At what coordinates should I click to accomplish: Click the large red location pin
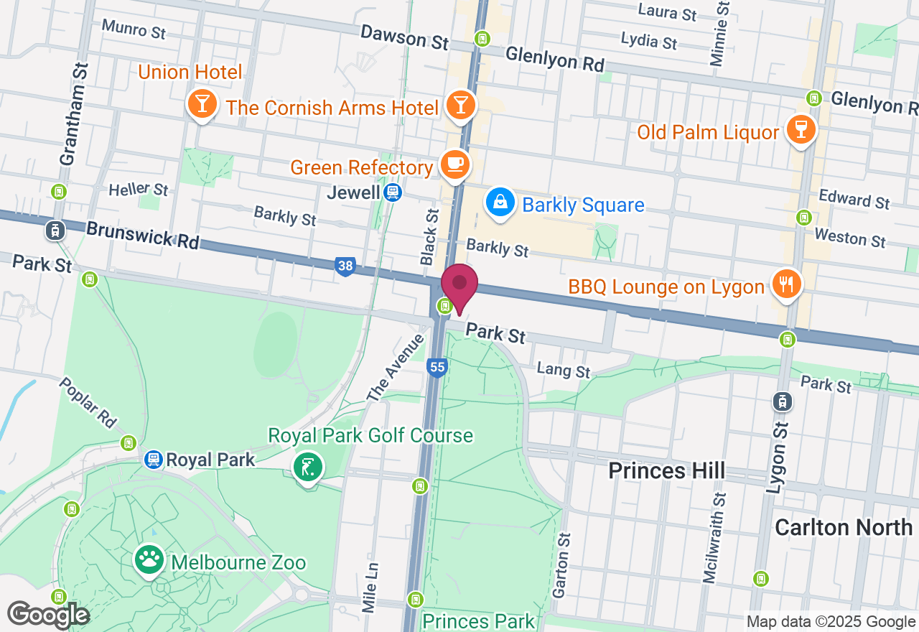coord(459,286)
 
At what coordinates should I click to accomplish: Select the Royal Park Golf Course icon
coord(308,467)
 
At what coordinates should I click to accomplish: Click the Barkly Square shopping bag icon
coord(500,203)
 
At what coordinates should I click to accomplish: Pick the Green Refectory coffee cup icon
coord(454,164)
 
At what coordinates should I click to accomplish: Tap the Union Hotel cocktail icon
coord(202,105)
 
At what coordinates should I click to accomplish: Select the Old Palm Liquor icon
coord(799,129)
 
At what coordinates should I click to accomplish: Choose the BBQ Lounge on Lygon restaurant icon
coord(786,284)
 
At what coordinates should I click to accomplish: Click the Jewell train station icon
coord(392,192)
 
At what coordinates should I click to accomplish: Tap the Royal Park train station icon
coord(153,459)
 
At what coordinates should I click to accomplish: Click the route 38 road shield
coord(345,266)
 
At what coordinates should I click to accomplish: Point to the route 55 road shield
coord(437,368)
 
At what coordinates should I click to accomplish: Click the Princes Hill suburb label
coord(666,470)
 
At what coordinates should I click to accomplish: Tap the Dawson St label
coord(404,37)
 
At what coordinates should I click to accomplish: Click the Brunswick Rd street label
coord(142,236)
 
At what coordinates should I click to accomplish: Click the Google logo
coord(48,615)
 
